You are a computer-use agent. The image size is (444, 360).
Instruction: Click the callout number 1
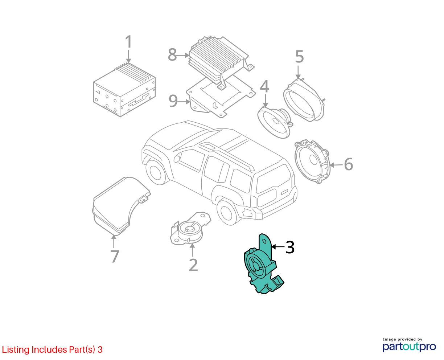click(129, 42)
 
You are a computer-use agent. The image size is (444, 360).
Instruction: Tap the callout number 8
click(172, 55)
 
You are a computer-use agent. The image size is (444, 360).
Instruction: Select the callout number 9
click(173, 101)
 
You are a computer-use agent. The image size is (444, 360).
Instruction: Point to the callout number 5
click(299, 57)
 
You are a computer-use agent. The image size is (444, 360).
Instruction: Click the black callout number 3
click(290, 247)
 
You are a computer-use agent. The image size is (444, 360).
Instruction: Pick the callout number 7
click(115, 256)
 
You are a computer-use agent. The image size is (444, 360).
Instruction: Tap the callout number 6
click(348, 164)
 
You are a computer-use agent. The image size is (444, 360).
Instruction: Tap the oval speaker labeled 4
click(275, 122)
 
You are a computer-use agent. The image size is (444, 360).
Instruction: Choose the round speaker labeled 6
click(312, 161)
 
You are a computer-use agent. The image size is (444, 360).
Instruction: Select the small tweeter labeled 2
click(190, 228)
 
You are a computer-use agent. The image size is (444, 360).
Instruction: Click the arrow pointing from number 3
click(278, 247)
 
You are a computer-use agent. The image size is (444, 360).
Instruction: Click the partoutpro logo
click(409, 347)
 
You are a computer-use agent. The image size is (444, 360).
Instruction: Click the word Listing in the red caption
click(16, 349)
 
